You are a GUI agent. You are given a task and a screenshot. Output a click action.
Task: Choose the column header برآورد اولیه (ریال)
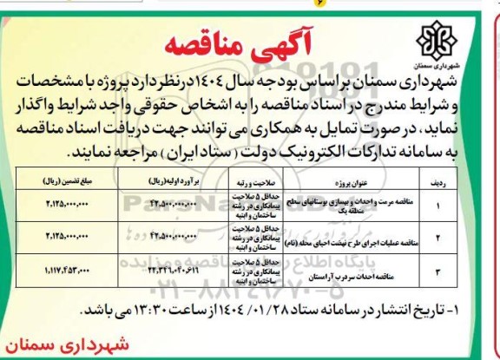[174, 184]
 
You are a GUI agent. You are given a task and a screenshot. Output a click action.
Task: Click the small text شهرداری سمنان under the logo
[434, 66]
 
